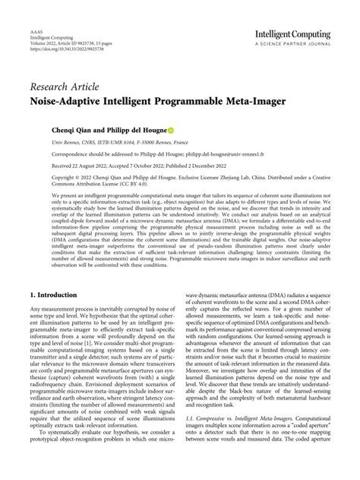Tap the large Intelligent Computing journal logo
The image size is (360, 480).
coord(292,35)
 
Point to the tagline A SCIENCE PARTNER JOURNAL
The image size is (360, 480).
coord(292,46)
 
